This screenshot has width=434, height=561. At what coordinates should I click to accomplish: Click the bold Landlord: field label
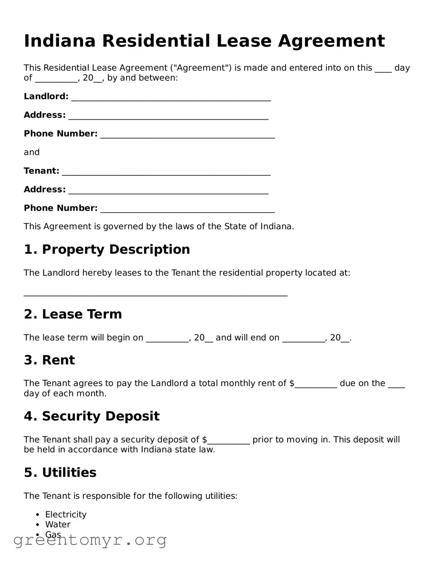46,96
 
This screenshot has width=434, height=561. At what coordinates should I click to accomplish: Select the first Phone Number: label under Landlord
61,133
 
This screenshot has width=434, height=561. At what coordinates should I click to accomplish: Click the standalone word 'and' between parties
32,152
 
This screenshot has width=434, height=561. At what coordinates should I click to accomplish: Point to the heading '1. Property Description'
107,249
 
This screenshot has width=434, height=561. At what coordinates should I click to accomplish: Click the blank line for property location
155,295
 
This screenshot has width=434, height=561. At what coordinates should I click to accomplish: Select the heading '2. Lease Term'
73,314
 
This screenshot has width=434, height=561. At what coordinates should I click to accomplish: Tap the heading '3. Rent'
49,360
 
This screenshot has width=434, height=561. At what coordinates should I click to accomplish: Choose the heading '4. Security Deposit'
92,416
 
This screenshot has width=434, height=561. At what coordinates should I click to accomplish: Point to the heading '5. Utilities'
60,472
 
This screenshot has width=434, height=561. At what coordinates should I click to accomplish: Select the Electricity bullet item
66,515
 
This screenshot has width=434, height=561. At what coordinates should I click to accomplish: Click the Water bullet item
57,525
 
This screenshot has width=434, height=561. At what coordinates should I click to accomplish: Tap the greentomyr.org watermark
90,540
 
